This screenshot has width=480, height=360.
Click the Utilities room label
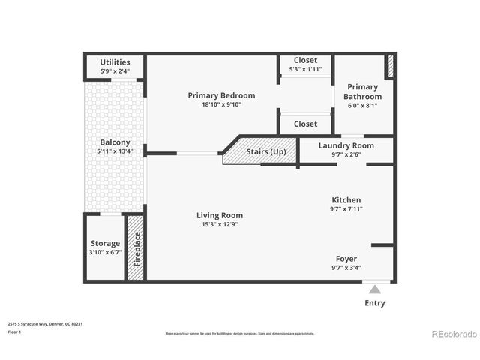[115, 62]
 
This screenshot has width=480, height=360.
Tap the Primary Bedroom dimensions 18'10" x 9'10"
[221, 105]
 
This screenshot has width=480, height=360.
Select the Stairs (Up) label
[266, 152]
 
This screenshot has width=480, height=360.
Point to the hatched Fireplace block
[136, 248]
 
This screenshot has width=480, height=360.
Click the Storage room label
[105, 244]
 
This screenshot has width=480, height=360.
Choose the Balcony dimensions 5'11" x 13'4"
[115, 151]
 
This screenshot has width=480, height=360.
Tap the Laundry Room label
[346, 145]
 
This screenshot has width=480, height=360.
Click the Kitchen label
[346, 200]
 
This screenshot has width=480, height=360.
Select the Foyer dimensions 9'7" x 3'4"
[346, 268]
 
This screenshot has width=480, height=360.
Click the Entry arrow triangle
[375, 289]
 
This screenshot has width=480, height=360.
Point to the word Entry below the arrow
[375, 303]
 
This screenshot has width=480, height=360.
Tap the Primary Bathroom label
[362, 91]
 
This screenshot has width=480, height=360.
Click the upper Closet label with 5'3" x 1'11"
[305, 61]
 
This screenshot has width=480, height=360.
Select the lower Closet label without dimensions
[305, 124]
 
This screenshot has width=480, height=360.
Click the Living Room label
[221, 215]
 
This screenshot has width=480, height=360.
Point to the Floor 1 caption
[15, 331]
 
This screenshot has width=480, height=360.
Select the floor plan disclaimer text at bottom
[240, 333]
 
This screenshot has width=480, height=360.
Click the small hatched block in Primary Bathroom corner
[389, 66]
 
